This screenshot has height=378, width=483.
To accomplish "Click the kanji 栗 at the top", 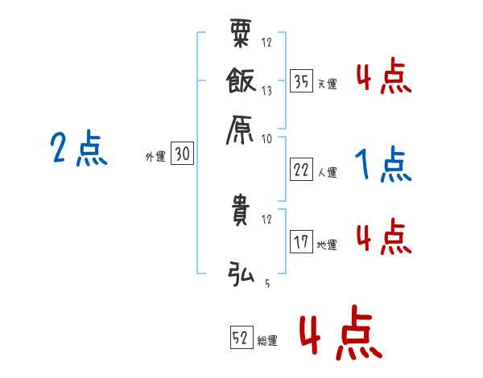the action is pos(242,35).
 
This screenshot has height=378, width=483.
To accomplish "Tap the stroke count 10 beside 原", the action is pos(266,138).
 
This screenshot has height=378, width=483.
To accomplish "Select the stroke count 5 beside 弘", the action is pos(266,283).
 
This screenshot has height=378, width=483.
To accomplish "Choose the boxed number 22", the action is pos(302,170).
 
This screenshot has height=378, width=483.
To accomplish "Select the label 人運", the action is pos(327,172).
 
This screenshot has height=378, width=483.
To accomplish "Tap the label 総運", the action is pos(267,341).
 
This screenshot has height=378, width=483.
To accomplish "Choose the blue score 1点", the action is pos(383,166).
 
